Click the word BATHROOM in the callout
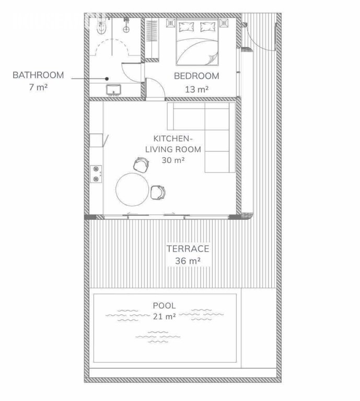tap(38, 75)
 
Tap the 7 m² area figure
tap(38, 87)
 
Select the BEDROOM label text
tap(196, 76)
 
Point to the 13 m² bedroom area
tap(196, 89)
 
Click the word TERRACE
tap(188, 249)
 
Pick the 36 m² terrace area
tap(188, 261)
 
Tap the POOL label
tap(164, 305)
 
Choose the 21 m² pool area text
tap(164, 316)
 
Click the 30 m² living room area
tap(172, 160)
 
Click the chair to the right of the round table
tap(158, 192)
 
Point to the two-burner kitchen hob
tap(96, 174)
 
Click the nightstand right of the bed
tap(225, 23)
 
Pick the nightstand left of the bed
tap(170, 23)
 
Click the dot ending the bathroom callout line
tap(106, 79)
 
